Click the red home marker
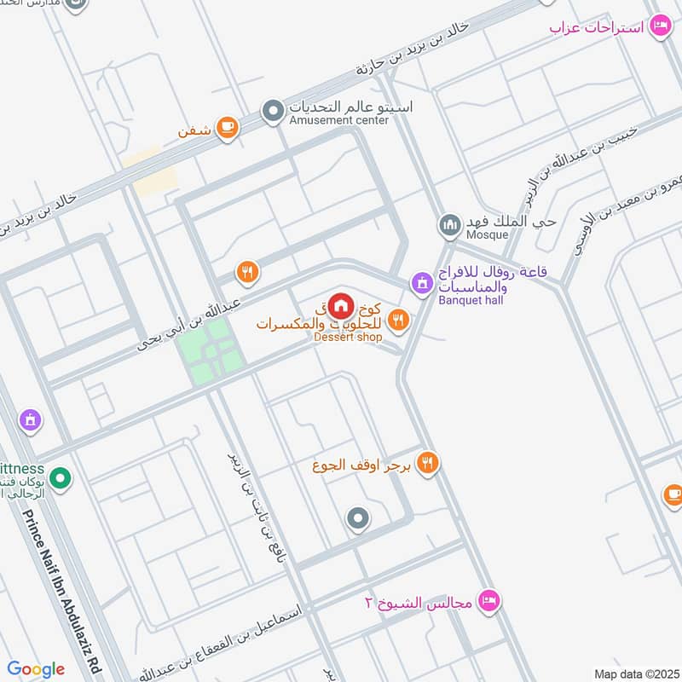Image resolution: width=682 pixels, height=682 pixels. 341,304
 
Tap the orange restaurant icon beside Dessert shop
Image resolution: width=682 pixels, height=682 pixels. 397,321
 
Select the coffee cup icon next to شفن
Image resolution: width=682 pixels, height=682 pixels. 227,128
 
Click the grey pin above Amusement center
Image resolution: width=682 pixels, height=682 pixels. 273,111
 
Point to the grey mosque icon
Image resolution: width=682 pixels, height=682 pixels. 449,226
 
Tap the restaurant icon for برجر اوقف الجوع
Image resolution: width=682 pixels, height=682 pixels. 428,463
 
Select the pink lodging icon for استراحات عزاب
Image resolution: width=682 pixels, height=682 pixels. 660,27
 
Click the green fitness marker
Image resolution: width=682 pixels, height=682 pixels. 60,481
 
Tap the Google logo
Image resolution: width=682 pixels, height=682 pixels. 36,669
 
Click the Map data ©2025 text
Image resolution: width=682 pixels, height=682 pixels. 635,673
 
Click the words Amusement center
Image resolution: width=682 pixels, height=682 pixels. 338,120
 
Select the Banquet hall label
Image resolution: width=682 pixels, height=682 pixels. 471,299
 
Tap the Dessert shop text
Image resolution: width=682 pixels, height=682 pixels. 348,338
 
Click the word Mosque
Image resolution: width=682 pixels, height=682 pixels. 487,234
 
